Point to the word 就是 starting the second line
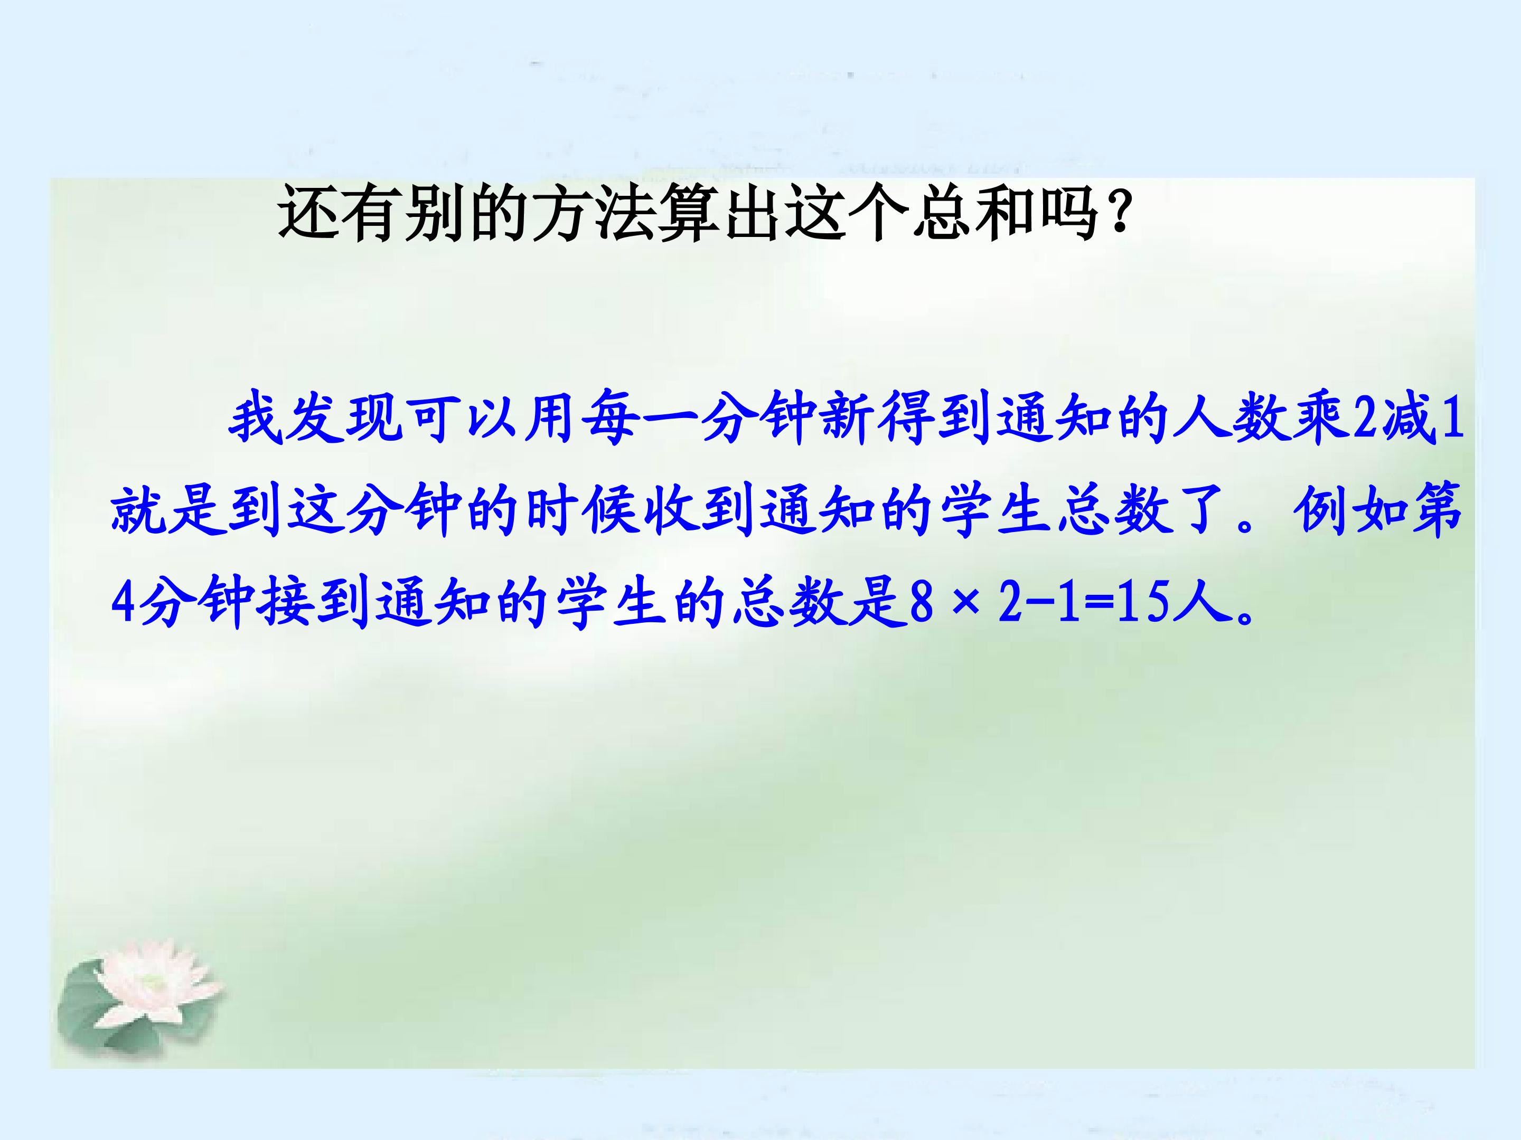tap(168, 512)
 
